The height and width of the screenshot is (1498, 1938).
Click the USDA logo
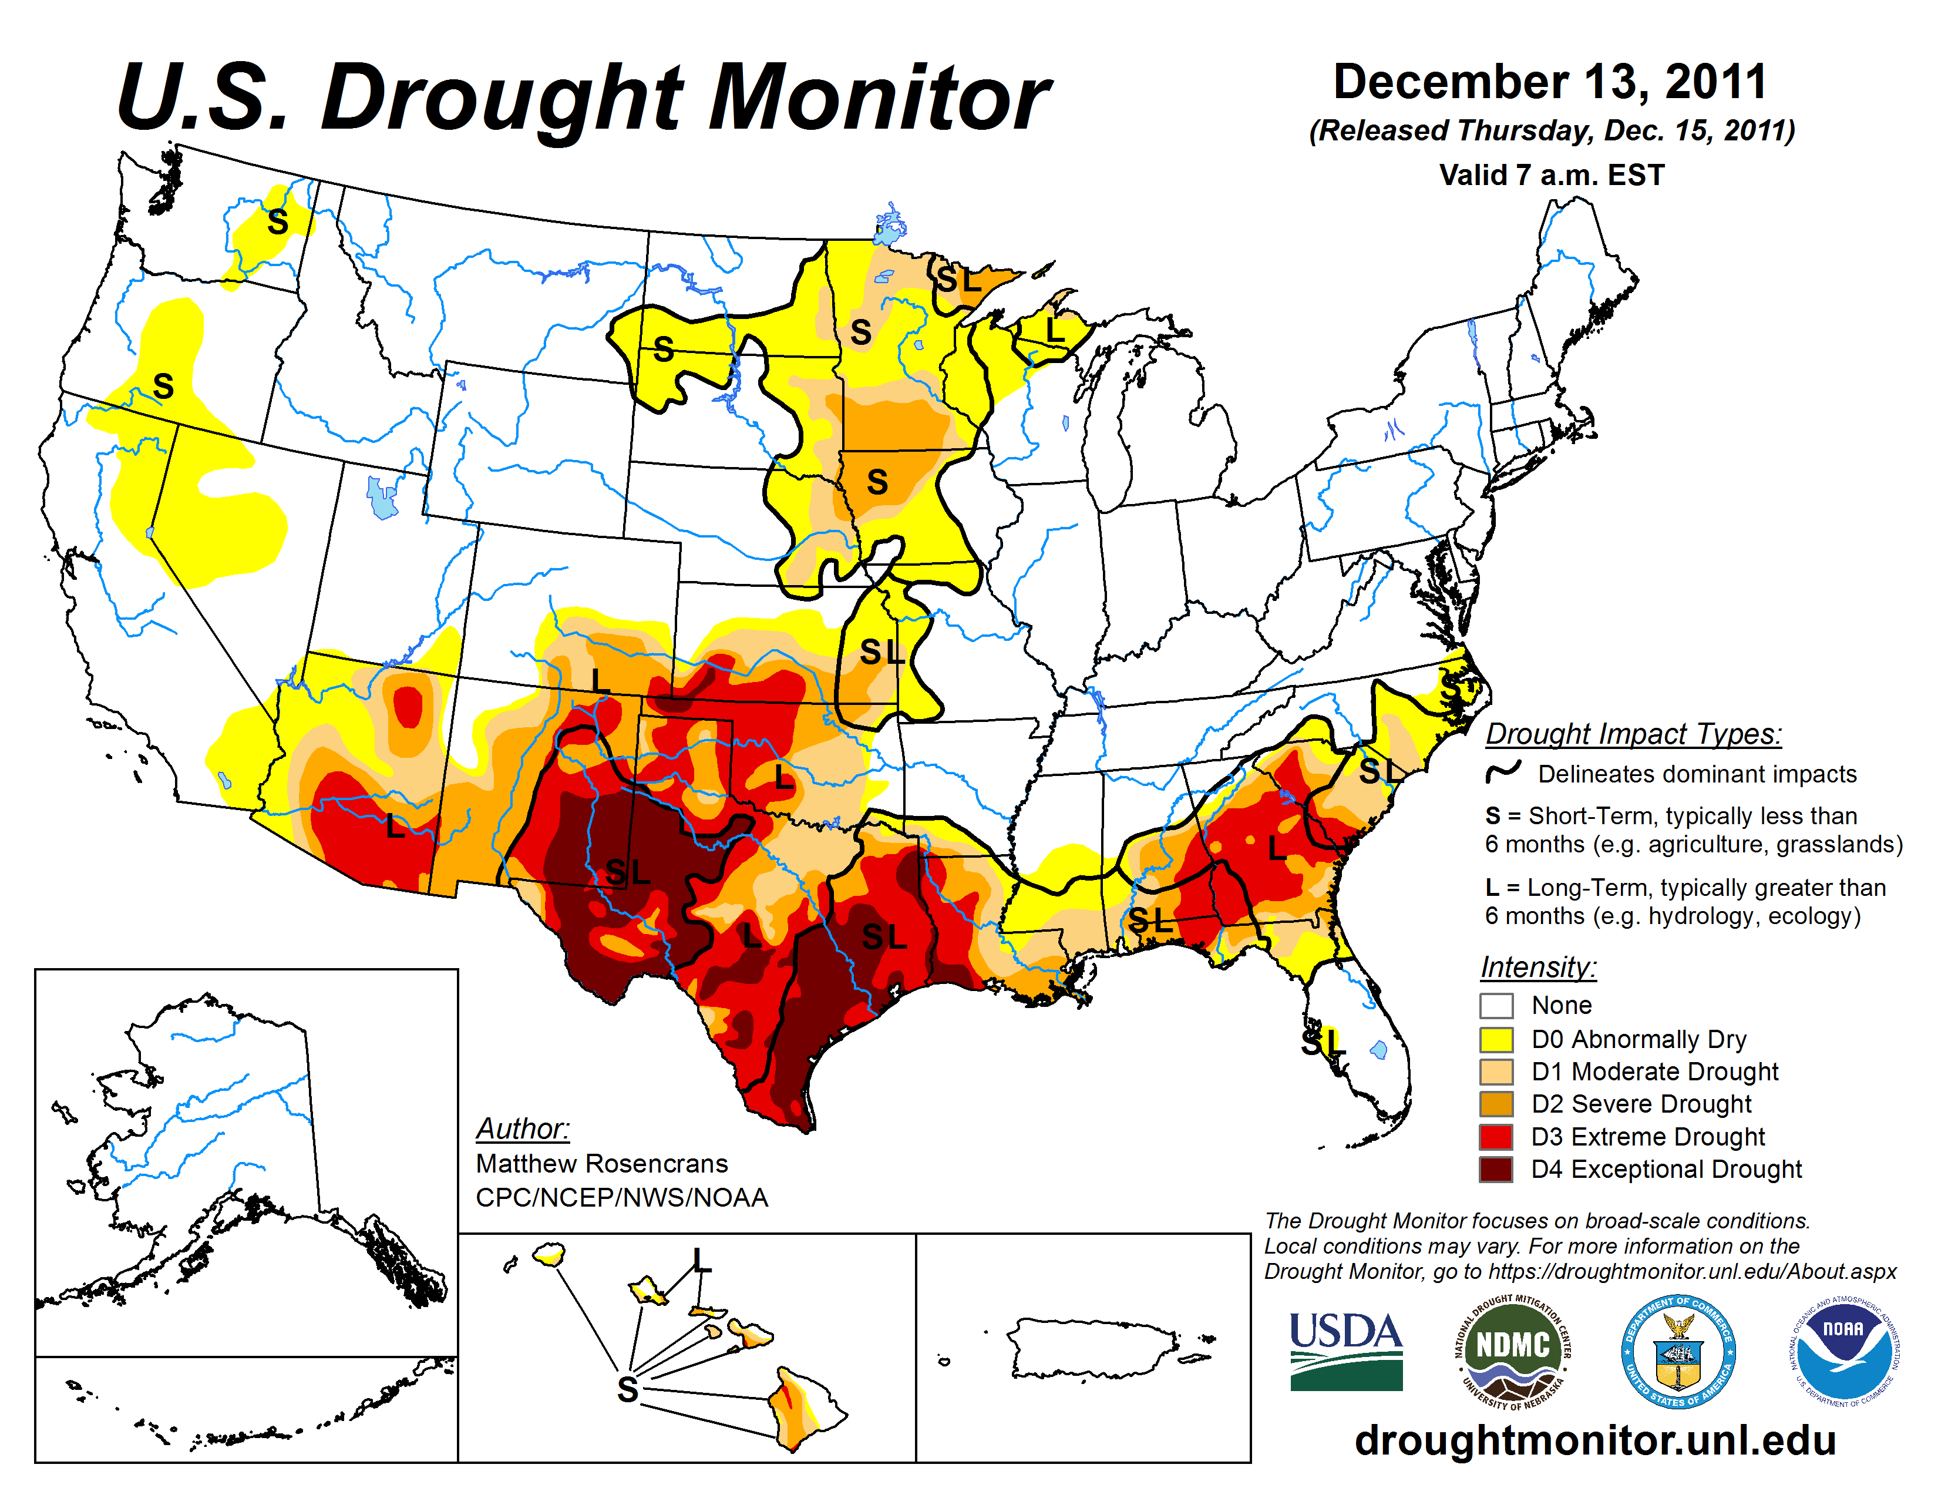click(x=1345, y=1351)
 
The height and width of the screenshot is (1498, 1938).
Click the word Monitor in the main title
click(x=879, y=98)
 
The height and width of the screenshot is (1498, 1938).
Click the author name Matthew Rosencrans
click(x=601, y=1163)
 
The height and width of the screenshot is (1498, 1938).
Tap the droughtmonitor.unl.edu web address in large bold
click(x=1594, y=1439)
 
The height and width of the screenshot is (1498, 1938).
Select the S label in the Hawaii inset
click(x=627, y=1389)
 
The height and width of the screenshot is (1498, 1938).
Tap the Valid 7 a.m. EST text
click(x=1551, y=175)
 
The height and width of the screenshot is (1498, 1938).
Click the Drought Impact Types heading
click(x=1633, y=734)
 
